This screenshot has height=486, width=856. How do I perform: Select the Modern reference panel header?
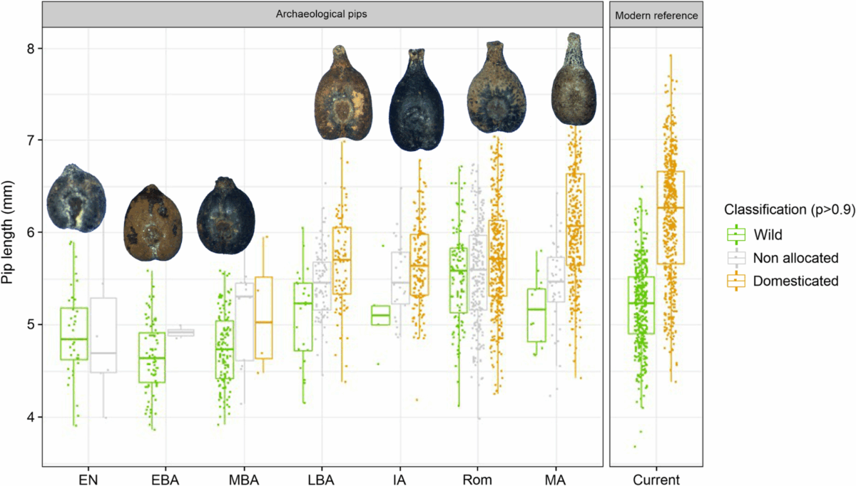pyautogui.click(x=656, y=14)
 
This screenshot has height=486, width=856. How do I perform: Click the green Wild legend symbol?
pyautogui.click(x=735, y=232)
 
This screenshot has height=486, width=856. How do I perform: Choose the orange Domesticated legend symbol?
pyautogui.click(x=735, y=281)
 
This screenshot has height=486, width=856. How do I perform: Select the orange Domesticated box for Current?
pyautogui.click(x=670, y=217)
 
